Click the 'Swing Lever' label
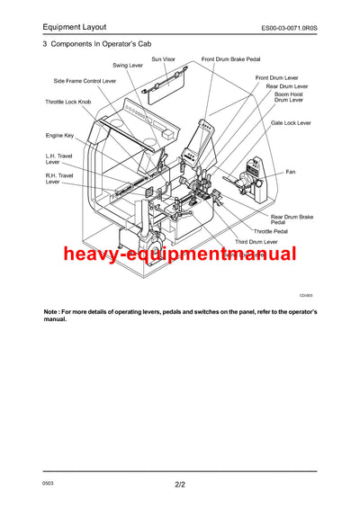[127, 66]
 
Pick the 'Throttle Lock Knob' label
[68, 102]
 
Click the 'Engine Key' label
[61, 135]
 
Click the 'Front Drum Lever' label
[276, 78]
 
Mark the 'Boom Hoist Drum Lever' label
[289, 97]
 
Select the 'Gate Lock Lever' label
[291, 122]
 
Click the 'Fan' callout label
[291, 171]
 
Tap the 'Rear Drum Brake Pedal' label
[292, 219]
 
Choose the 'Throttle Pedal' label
[271, 231]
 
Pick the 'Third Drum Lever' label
[256, 242]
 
